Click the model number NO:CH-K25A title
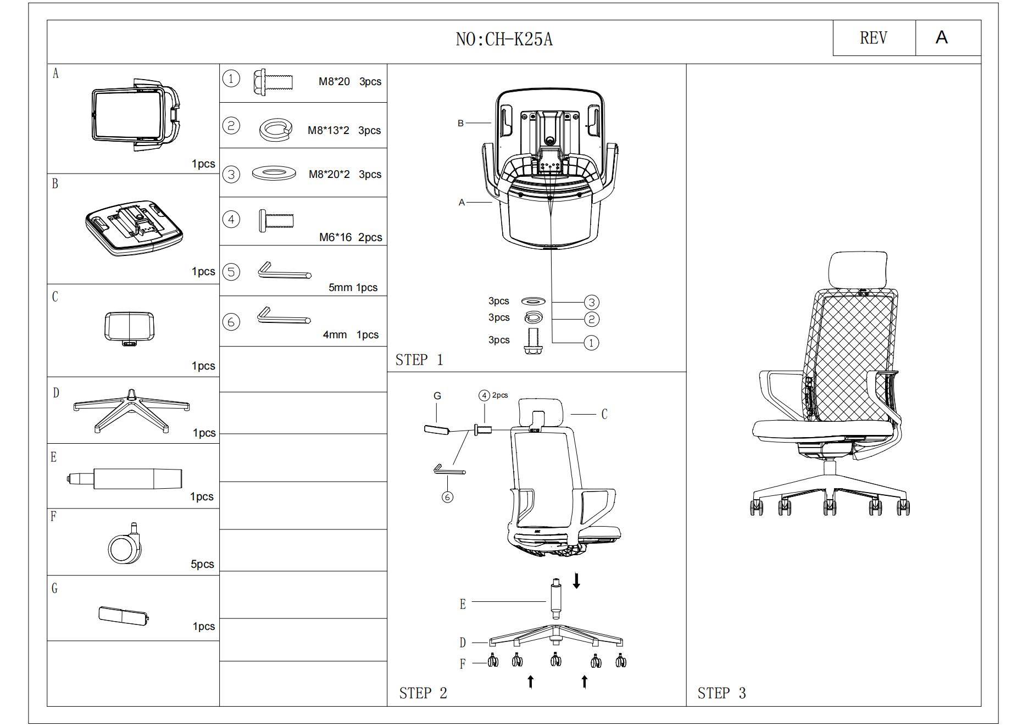[x=504, y=39]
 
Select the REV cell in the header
[x=874, y=37]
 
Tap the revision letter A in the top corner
[x=942, y=37]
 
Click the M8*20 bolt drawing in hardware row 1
[x=273, y=82]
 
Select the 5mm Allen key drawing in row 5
[x=284, y=272]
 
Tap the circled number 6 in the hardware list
[x=231, y=322]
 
